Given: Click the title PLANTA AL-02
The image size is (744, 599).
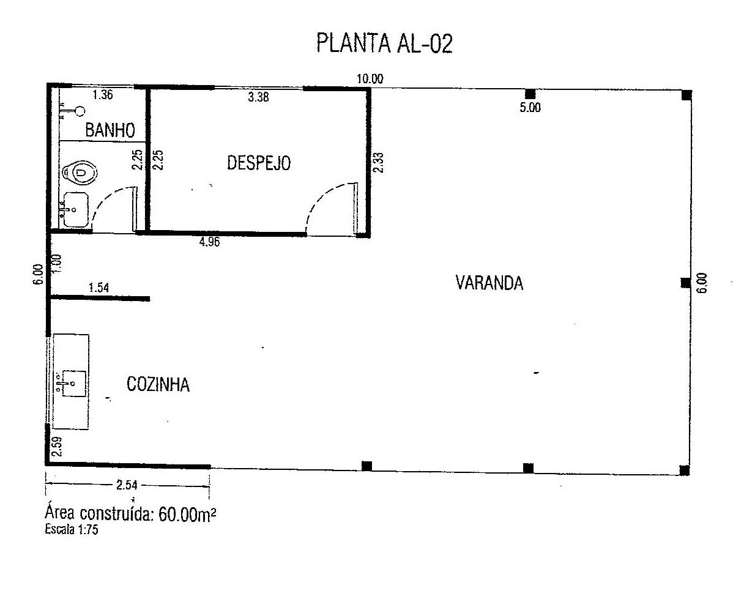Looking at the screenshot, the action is [x=384, y=43].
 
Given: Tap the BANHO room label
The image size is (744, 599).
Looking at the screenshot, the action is [x=110, y=130].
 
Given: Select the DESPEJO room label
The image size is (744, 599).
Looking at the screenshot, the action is [x=259, y=163].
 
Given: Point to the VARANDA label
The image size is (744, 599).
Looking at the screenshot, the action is [x=489, y=283].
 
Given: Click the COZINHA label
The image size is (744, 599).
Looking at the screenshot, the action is [x=158, y=384].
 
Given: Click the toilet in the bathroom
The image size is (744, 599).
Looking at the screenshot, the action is [x=80, y=172].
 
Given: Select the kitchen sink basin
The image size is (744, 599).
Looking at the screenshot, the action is [x=73, y=384].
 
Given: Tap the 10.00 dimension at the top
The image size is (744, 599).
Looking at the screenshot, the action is [x=370, y=79].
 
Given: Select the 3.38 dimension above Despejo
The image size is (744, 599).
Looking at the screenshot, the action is [x=258, y=97].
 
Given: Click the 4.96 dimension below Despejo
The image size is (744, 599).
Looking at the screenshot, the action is [x=209, y=242].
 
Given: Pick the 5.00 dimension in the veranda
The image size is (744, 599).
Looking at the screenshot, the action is [x=530, y=107].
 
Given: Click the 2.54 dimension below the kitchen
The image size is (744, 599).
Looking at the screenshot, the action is [x=127, y=485].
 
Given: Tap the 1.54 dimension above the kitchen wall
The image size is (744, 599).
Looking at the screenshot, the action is [x=99, y=288].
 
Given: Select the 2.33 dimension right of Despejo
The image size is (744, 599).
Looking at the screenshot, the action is [x=379, y=163].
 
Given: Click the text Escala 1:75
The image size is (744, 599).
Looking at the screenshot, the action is [x=72, y=529].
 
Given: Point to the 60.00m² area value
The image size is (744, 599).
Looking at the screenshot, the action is [x=187, y=515].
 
